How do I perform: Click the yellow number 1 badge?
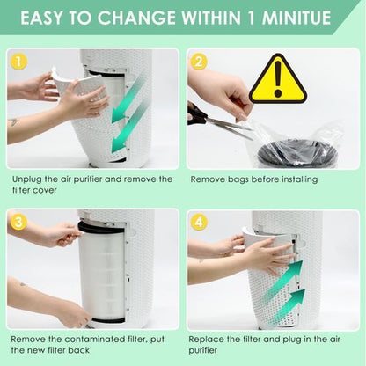(18, 62)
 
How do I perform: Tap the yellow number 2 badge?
(199, 62)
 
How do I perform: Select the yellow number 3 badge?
(18, 222)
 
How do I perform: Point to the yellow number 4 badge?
(199, 222)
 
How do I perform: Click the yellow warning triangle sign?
(278, 78)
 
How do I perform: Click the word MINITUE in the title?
(296, 18)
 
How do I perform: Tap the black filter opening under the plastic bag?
(293, 153)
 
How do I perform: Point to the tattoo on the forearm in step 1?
(13, 121)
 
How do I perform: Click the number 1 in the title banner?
(252, 18)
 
